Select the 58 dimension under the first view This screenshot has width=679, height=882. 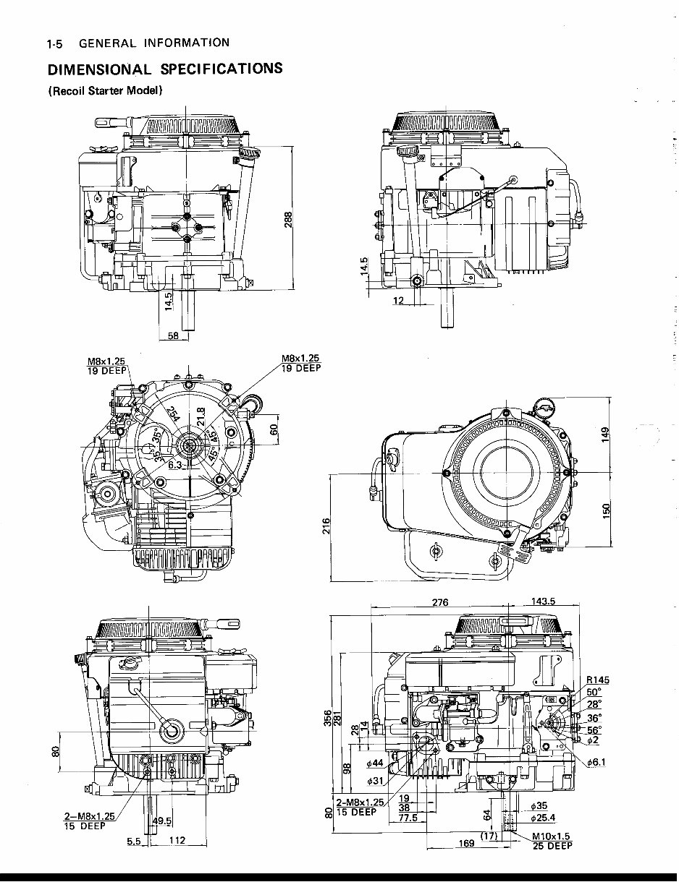173,335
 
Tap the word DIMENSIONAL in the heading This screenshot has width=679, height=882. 99,69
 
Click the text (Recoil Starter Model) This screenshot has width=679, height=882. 105,91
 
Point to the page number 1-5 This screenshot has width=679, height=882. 55,43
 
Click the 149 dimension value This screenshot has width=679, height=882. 606,432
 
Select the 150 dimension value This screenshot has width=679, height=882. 606,509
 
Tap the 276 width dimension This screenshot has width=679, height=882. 439,602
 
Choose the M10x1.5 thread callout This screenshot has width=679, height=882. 552,836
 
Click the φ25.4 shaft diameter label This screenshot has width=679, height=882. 542,818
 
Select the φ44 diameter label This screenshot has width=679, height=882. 375,763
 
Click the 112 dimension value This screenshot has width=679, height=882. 177,840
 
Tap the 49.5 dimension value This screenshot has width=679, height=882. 162,821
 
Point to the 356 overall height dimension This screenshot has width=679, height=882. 329,719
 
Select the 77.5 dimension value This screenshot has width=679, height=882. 408,818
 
